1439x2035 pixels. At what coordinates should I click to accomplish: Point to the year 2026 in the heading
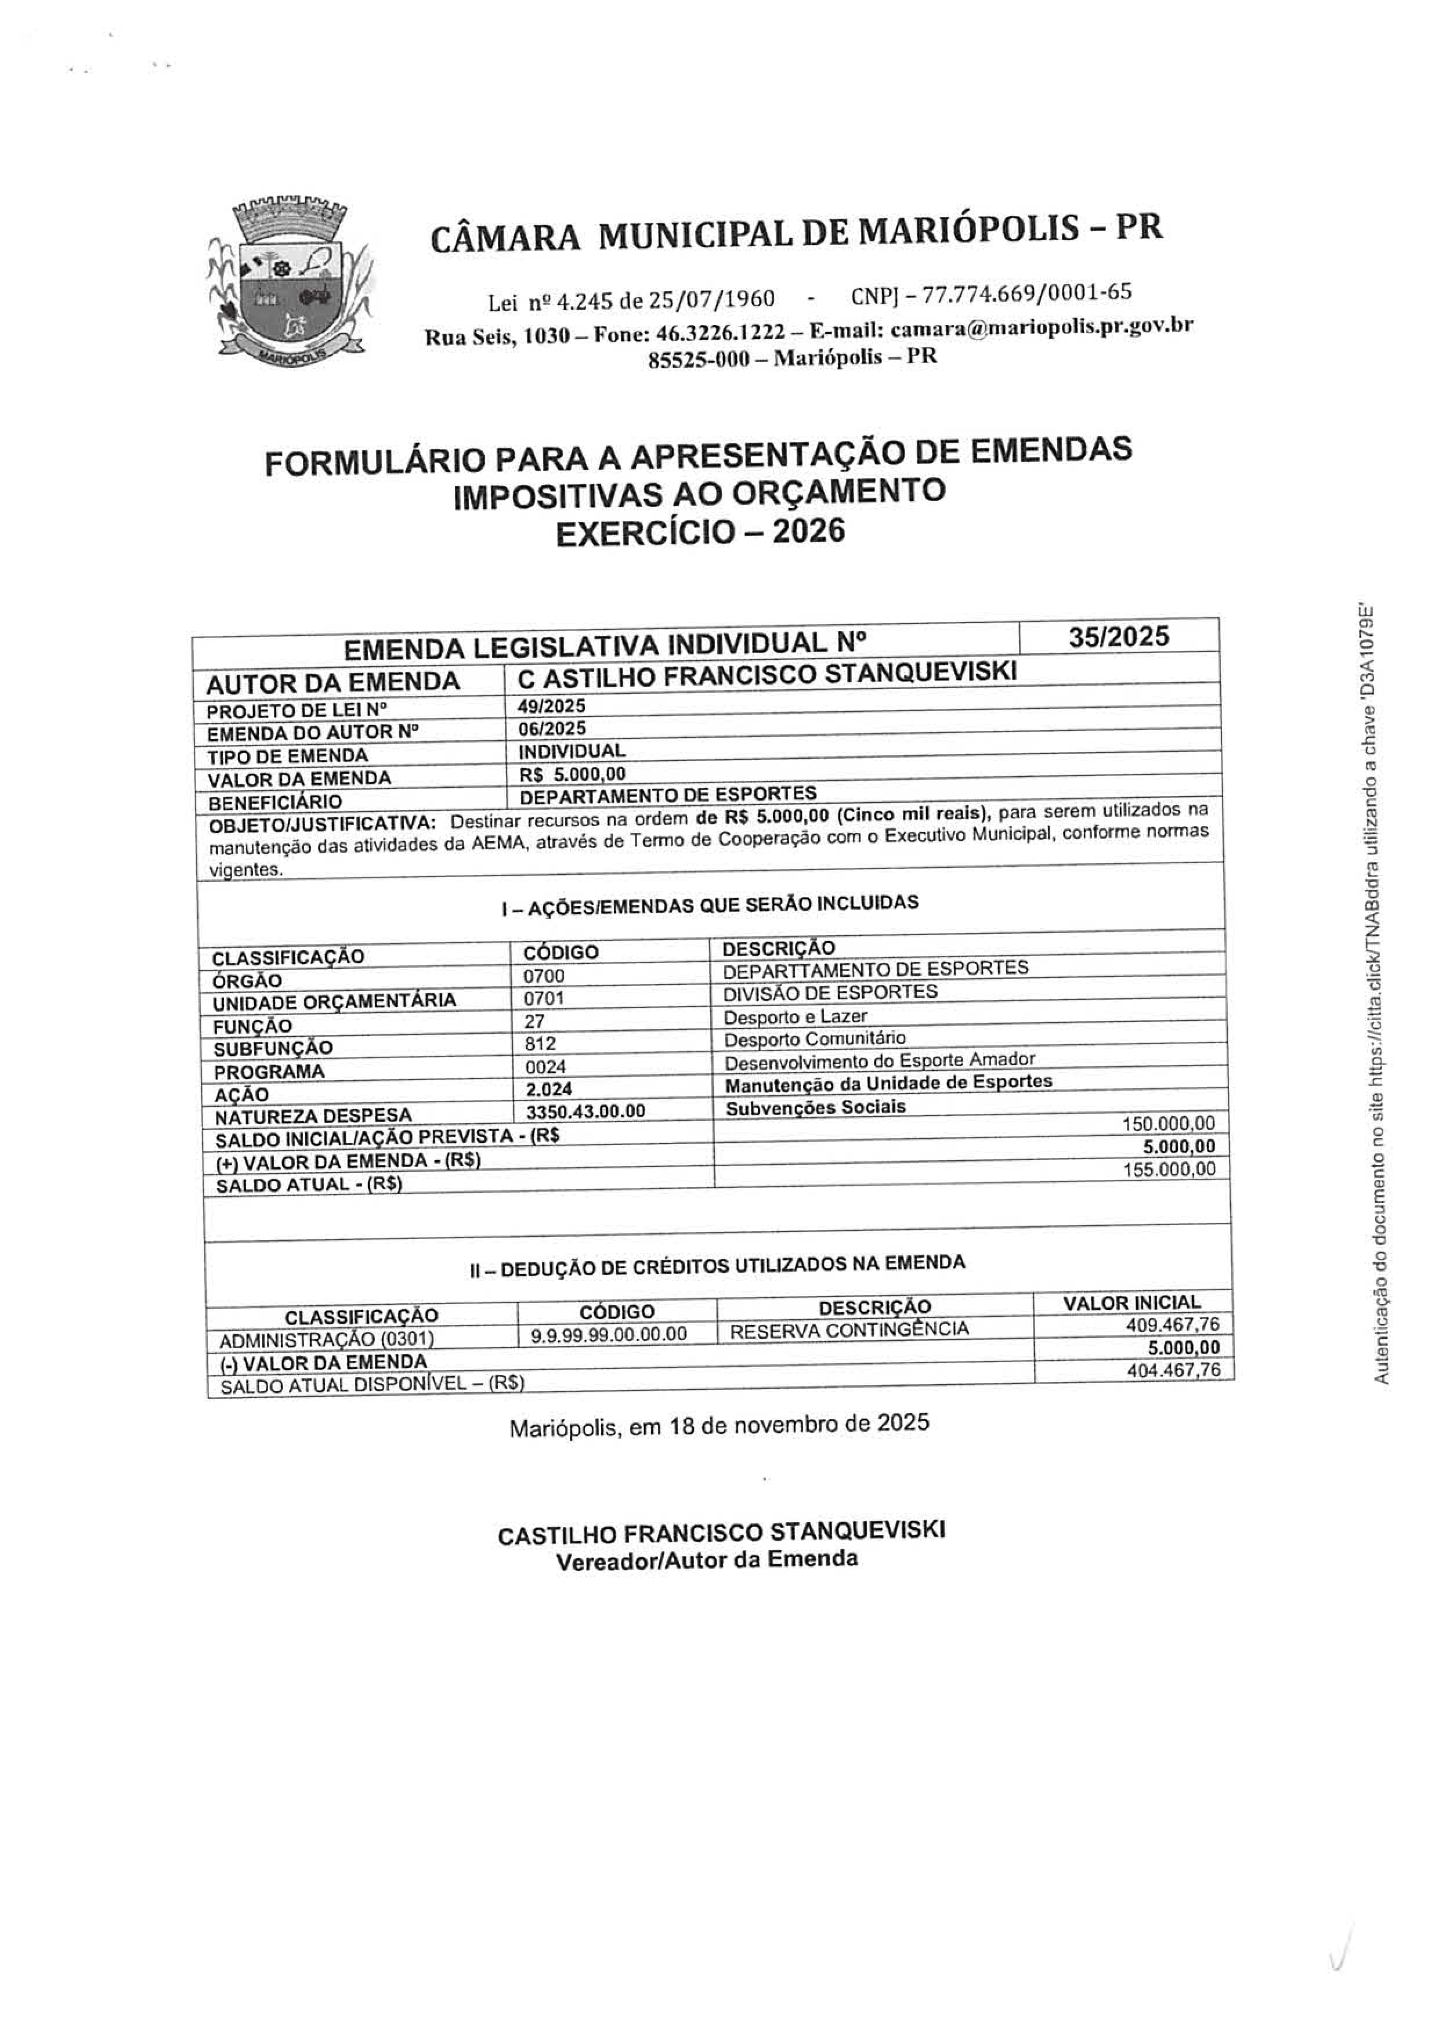[x=809, y=532]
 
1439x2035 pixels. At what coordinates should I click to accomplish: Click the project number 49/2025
[x=551, y=707]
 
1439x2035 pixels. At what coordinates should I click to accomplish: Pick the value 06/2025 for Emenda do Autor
[x=551, y=729]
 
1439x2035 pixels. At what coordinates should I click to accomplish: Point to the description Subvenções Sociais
[x=816, y=1107]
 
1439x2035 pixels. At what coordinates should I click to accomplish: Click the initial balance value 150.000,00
[x=1169, y=1124]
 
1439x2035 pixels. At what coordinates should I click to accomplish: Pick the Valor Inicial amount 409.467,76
[x=1172, y=1325]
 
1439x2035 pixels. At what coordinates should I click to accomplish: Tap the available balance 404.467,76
[x=1172, y=1370]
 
